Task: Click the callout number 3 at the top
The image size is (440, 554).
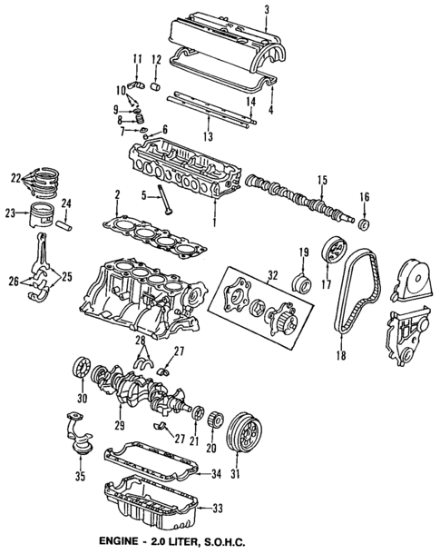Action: (267, 10)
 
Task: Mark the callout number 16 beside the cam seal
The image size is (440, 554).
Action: (365, 195)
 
